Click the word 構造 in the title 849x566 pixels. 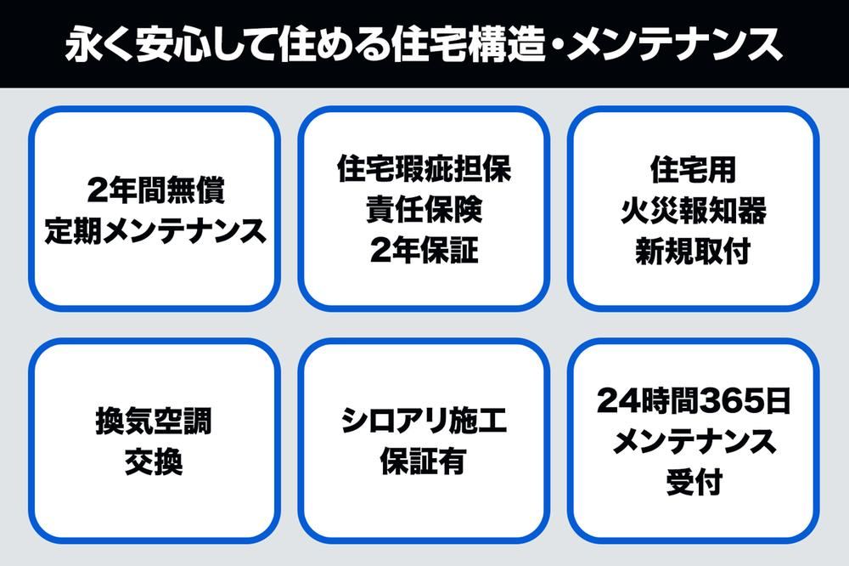coord(506,43)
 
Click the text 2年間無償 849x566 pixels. coord(155,190)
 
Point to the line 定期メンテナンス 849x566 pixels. coord(155,231)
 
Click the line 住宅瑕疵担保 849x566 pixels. coord(424,168)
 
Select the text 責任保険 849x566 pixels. coord(424,209)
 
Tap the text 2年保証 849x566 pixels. coord(424,250)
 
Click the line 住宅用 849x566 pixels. coord(694,169)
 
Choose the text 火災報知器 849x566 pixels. coord(694,211)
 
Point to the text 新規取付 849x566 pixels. coord(694,251)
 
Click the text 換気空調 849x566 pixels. coord(154,422)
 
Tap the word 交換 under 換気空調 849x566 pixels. coord(154,462)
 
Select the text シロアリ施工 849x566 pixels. coord(424,421)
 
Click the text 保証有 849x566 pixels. coord(424,461)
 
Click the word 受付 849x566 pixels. coord(694,482)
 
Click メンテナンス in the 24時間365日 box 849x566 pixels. coord(694,441)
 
